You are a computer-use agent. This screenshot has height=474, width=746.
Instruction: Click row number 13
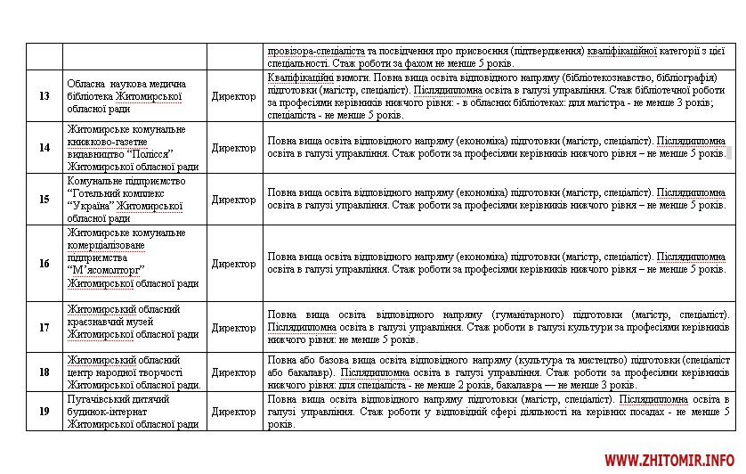[x=44, y=96]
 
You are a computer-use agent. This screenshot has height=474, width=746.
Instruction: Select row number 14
[x=44, y=148]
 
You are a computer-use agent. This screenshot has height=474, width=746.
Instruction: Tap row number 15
[x=44, y=200]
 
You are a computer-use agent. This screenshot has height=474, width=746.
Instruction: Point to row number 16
[x=44, y=264]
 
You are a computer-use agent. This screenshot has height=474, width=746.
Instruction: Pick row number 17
[x=44, y=328]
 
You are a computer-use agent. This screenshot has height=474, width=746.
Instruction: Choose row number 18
[x=44, y=372]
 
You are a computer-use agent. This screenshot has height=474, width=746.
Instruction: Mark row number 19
[x=44, y=412]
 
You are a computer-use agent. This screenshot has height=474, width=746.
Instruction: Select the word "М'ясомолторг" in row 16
[x=106, y=271]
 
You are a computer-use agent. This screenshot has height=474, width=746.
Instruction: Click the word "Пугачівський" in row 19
[x=99, y=399]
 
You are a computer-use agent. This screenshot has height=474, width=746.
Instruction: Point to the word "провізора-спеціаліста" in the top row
[x=312, y=51]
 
